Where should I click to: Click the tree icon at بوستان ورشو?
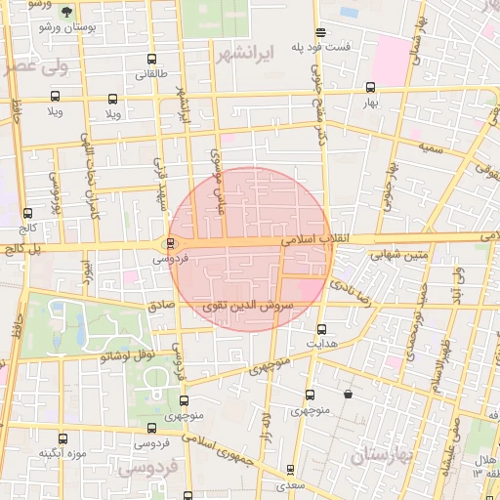[x=66, y=13]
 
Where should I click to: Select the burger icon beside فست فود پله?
[x=320, y=32]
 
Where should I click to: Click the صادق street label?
[x=161, y=305]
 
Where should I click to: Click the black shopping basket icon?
[x=349, y=395]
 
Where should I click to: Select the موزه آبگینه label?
[x=63, y=453]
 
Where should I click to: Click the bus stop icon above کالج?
[x=26, y=213]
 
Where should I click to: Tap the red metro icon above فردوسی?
[x=171, y=244]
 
